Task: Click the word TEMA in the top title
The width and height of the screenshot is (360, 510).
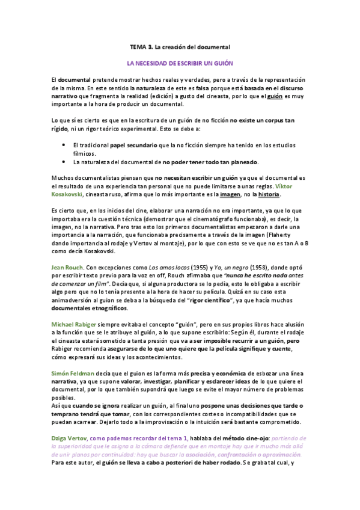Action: [139, 46]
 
